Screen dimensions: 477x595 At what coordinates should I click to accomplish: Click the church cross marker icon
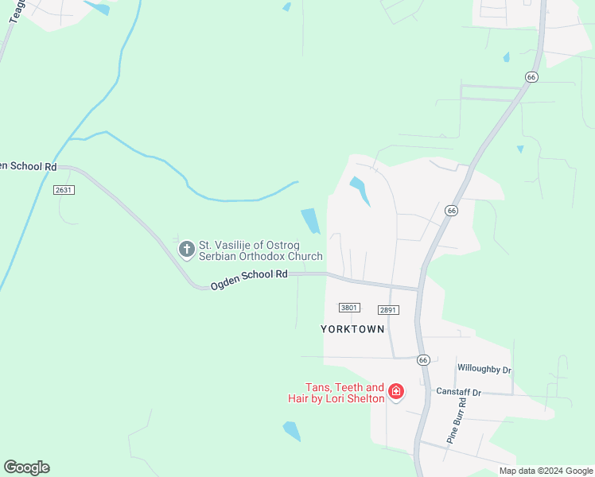tap(186, 250)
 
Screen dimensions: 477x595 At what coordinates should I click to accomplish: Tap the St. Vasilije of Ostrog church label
tap(260, 250)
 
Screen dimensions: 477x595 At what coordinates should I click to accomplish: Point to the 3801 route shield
tap(349, 308)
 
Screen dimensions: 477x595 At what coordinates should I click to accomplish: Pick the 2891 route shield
tap(388, 310)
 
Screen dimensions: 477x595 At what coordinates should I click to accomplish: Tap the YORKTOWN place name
tap(352, 328)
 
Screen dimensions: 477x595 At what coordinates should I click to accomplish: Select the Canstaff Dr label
tap(458, 393)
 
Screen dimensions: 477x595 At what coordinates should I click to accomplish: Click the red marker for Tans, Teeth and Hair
tap(395, 392)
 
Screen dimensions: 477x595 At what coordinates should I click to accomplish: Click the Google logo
tap(26, 467)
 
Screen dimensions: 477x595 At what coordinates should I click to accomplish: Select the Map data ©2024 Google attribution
tap(546, 471)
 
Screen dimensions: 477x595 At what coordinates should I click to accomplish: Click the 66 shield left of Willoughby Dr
tap(422, 360)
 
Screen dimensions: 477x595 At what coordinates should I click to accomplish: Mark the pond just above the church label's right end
tap(310, 220)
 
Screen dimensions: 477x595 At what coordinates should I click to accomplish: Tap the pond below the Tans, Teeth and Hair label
tap(292, 431)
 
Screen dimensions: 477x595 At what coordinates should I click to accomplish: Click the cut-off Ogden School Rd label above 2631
tap(29, 166)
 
